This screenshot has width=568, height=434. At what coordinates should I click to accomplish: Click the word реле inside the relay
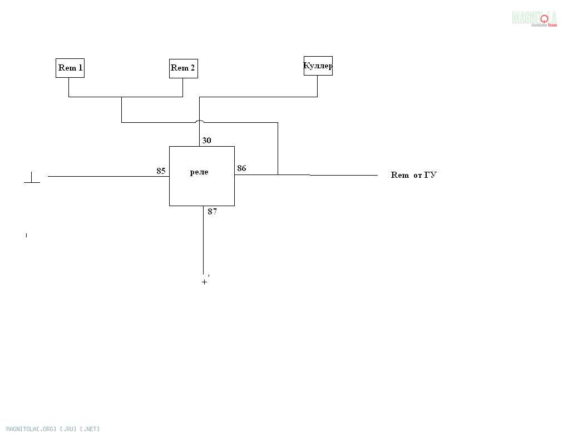pyautogui.click(x=199, y=172)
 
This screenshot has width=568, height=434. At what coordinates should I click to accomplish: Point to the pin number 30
pyautogui.click(x=206, y=141)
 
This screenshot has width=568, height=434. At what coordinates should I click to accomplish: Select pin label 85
pyautogui.click(x=161, y=171)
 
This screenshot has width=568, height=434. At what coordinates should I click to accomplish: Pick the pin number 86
pyautogui.click(x=241, y=168)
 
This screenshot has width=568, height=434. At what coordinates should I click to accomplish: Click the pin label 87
pyautogui.click(x=213, y=211)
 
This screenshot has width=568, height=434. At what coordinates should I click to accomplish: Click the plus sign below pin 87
pyautogui.click(x=204, y=282)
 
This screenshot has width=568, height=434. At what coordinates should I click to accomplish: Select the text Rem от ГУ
pyautogui.click(x=414, y=175)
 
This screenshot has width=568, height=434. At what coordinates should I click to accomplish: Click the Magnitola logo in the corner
pyautogui.click(x=534, y=18)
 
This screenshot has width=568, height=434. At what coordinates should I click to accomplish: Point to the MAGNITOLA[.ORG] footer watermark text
pyautogui.click(x=53, y=429)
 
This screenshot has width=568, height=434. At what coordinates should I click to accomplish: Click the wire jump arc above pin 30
pyautogui.click(x=200, y=121)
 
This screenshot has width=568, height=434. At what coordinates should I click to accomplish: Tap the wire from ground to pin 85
pyautogui.click(x=108, y=176)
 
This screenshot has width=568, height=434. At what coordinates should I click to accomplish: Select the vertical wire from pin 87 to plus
pyautogui.click(x=203, y=240)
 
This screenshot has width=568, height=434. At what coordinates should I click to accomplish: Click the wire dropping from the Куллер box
pyautogui.click(x=317, y=86)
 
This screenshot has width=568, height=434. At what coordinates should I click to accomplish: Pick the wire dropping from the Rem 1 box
pyautogui.click(x=69, y=87)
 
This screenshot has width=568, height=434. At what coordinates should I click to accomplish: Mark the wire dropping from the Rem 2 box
pyautogui.click(x=182, y=88)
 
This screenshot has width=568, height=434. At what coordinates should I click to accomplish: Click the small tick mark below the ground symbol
pyautogui.click(x=27, y=235)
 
